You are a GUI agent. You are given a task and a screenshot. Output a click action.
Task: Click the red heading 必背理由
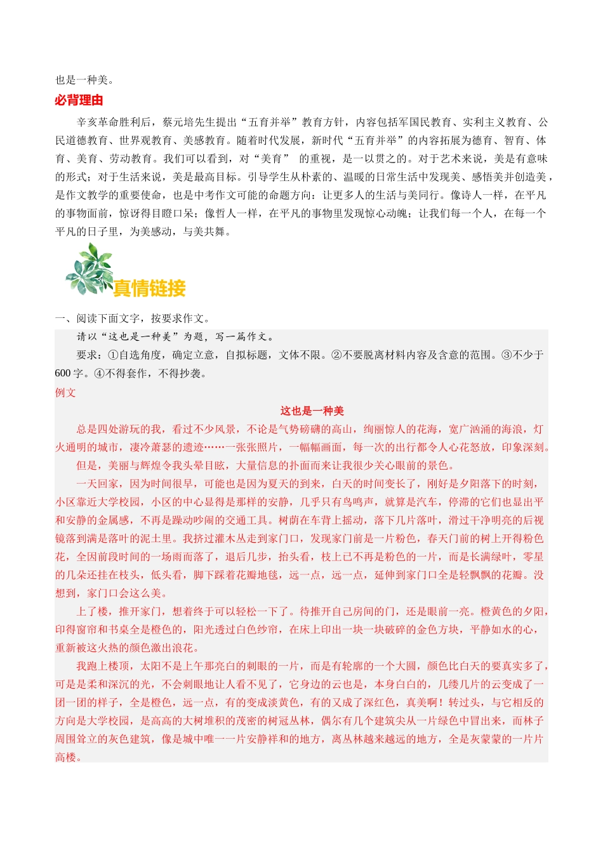(x=79, y=100)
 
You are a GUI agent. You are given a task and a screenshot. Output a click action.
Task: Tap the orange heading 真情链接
(x=149, y=288)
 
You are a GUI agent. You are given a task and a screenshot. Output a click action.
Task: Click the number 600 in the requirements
(x=63, y=374)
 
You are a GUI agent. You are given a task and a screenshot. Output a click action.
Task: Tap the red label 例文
(x=65, y=393)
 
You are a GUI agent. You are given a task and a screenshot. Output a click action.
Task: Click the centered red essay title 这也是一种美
(x=312, y=411)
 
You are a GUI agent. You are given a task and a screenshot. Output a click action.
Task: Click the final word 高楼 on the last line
(x=66, y=758)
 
